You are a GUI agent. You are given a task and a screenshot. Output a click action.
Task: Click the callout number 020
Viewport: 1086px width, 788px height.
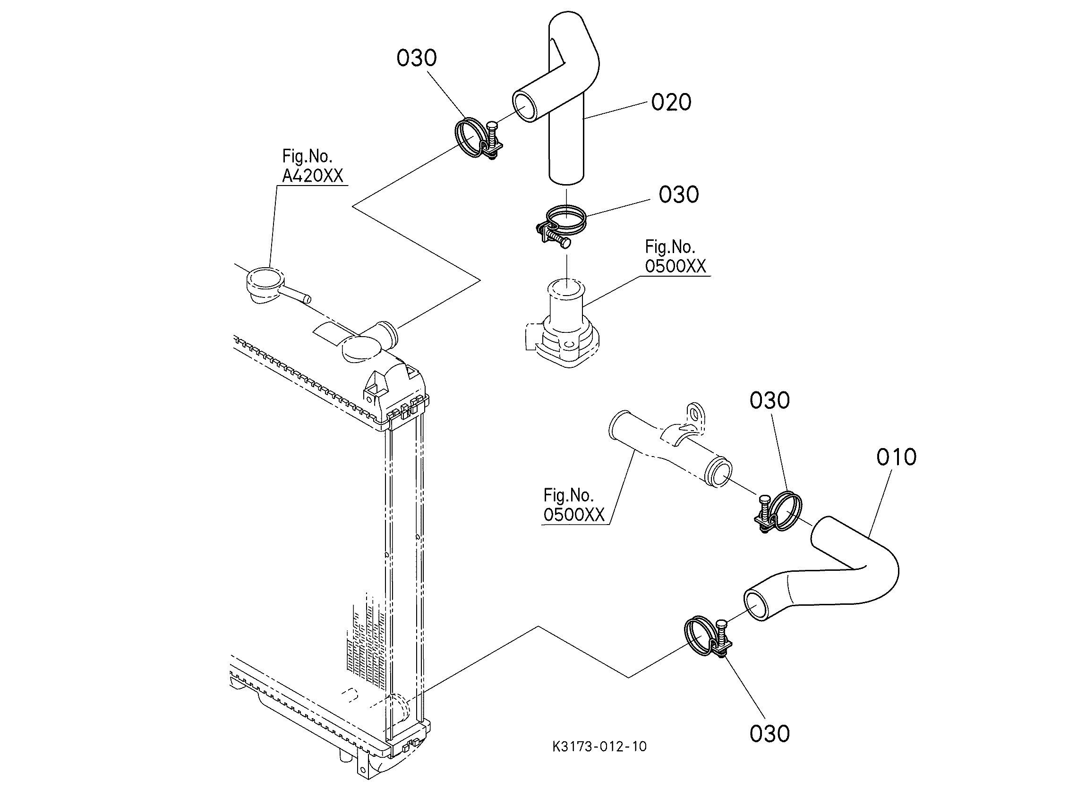[671, 102]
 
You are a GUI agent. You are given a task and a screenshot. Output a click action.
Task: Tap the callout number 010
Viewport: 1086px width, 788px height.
[897, 457]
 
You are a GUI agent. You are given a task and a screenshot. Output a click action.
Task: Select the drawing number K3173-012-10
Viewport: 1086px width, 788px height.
[599, 746]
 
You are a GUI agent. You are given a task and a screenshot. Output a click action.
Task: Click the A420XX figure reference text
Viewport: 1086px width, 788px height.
[313, 176]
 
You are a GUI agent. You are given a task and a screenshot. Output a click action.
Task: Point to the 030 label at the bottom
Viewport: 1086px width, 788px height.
[770, 733]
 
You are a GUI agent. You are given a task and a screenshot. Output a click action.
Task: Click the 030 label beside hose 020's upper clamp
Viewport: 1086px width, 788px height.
[417, 58]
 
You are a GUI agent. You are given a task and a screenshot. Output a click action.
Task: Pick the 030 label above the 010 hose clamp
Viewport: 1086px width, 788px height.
[770, 400]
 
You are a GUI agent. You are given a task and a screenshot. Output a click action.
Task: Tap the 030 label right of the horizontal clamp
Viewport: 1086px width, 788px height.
[678, 195]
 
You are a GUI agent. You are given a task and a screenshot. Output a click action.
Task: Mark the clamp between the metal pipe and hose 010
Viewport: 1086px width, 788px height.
[778, 512]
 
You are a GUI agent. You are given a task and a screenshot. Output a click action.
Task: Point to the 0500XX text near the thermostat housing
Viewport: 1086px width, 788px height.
[675, 266]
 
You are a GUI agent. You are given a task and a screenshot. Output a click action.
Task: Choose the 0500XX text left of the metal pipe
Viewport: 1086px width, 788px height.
[573, 515]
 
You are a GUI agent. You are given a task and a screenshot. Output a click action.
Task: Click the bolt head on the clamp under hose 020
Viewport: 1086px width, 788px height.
[565, 243]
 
